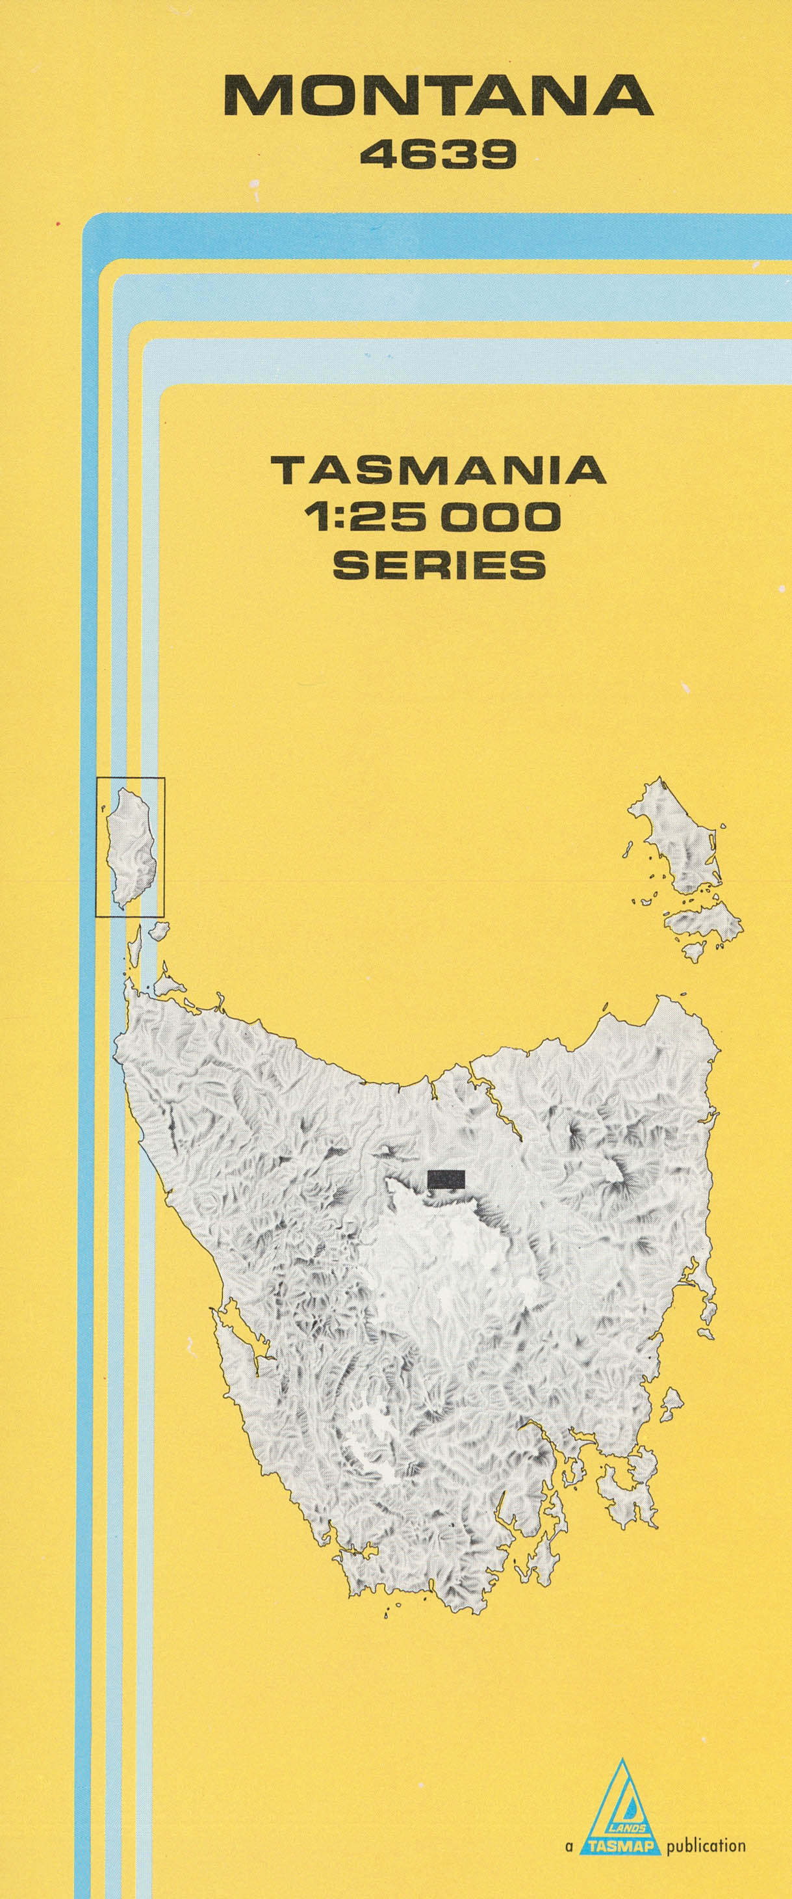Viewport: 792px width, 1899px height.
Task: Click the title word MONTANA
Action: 439,96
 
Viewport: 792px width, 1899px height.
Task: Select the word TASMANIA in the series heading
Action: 439,470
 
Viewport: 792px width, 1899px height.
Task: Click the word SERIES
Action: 440,564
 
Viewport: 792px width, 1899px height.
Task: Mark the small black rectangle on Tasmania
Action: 446,1178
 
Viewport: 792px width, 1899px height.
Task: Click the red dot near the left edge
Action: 57,221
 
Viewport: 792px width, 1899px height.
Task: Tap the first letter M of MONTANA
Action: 255,96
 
